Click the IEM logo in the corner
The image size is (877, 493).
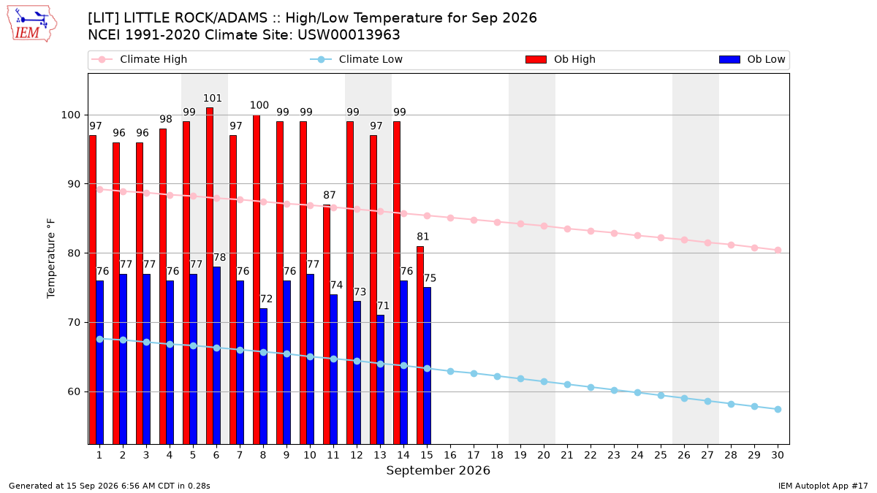point(31,24)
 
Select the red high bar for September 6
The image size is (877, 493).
point(210,276)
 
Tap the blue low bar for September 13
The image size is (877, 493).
point(380,380)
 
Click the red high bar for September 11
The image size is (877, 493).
point(327,324)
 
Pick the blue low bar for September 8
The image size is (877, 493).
point(264,376)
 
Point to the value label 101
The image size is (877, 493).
point(213,98)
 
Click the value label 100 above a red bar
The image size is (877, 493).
point(259,105)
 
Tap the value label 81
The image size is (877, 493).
point(423,237)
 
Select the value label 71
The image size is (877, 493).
point(383,305)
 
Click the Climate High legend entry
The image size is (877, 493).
point(140,59)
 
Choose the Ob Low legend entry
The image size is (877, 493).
point(752,59)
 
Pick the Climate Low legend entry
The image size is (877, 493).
point(357,59)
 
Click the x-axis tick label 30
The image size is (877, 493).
point(778,455)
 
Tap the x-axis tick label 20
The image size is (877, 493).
point(544,455)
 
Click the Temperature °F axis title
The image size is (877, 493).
point(51,259)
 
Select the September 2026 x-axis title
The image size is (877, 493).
point(438,470)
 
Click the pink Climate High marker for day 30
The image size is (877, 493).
point(778,250)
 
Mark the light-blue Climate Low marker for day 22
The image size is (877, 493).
point(591,387)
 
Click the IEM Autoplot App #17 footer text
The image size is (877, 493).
point(823,486)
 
